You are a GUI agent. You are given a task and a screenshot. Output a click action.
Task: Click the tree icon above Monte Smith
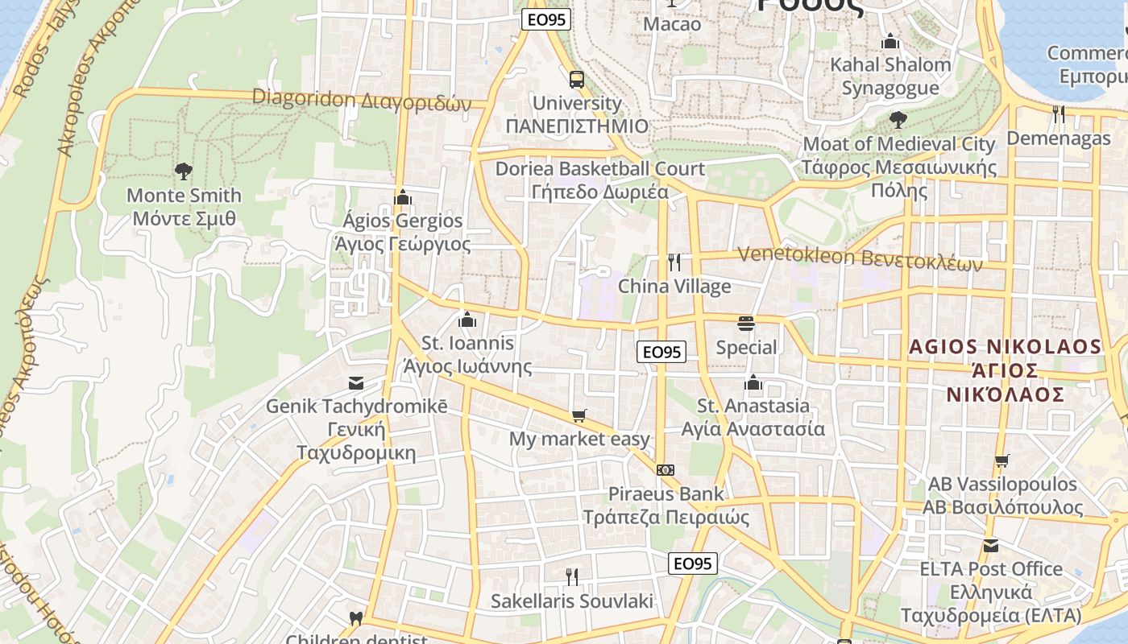(184, 171)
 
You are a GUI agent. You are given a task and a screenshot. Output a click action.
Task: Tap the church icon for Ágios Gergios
(403, 197)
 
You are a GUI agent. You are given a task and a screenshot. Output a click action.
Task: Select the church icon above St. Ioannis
(467, 320)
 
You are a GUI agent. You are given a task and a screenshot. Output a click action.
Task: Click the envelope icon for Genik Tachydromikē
(355, 382)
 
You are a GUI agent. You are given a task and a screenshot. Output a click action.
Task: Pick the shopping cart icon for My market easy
(579, 415)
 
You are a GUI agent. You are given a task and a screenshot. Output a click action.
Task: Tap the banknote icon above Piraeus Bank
(666, 470)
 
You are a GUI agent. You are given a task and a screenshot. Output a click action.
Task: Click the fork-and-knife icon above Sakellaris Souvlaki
(571, 576)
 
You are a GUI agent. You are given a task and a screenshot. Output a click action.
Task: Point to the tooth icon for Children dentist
(355, 618)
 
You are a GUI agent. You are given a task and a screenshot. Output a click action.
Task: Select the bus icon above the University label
(577, 80)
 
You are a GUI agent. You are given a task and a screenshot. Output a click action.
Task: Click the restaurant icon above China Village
(674, 262)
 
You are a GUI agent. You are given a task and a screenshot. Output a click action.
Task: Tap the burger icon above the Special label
(746, 324)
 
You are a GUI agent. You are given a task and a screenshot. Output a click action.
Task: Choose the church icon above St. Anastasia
(753, 382)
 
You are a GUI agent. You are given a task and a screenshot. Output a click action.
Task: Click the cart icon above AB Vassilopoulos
(1002, 461)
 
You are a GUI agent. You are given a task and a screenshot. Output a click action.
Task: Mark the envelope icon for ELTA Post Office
(991, 546)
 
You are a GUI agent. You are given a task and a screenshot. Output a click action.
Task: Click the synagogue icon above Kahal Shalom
(890, 41)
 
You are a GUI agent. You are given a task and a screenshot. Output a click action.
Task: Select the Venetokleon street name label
(861, 258)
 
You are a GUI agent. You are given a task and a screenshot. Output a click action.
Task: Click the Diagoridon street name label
(362, 101)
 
